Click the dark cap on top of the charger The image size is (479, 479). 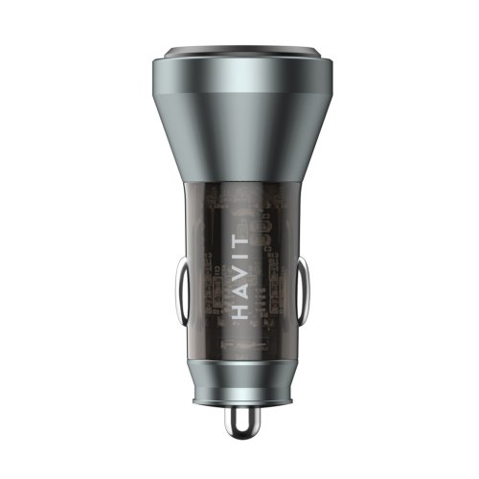point(239,52)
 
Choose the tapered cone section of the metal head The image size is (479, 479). point(239,144)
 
